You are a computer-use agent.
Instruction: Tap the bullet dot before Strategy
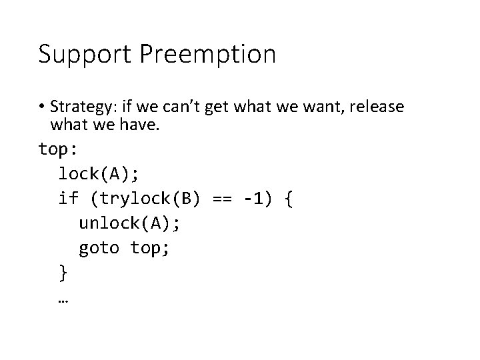[x=42, y=107]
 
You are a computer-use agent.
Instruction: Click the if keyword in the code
[x=68, y=199]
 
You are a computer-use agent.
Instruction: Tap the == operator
[x=223, y=199]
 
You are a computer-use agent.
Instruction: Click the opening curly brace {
[x=288, y=199]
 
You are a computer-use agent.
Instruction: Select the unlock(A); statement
[x=128, y=223]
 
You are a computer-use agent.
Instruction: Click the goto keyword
[x=99, y=248]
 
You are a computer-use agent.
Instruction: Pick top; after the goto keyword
[x=153, y=248]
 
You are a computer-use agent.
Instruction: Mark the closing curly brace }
[x=63, y=273]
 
